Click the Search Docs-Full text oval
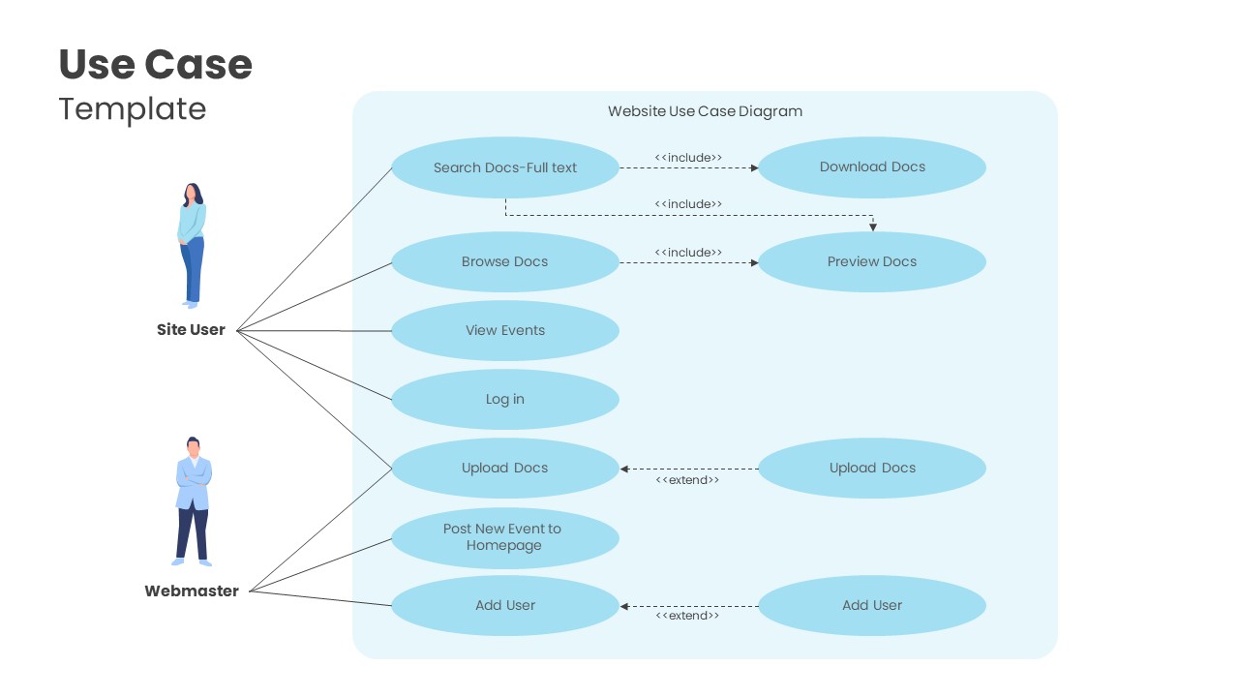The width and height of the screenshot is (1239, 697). pyautogui.click(x=504, y=167)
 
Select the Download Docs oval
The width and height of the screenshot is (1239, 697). pyautogui.click(x=871, y=167)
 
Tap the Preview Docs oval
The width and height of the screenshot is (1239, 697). pyautogui.click(x=871, y=261)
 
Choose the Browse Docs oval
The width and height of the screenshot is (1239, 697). pyautogui.click(x=504, y=261)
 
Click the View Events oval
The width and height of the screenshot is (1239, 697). pyautogui.click(x=504, y=330)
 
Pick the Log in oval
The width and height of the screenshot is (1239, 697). pyautogui.click(x=504, y=399)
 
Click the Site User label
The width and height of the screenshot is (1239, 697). pyautogui.click(x=191, y=330)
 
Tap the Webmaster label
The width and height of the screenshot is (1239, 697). pyautogui.click(x=192, y=591)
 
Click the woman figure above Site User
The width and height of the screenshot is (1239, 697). pyautogui.click(x=192, y=245)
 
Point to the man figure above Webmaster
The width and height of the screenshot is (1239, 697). pyautogui.click(x=193, y=500)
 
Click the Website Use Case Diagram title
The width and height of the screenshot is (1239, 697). pyautogui.click(x=705, y=111)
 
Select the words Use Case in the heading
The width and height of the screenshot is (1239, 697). pyautogui.click(x=156, y=65)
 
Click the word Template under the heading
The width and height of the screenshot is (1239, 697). pyautogui.click(x=133, y=108)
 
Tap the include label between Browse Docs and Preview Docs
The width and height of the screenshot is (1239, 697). pyautogui.click(x=688, y=253)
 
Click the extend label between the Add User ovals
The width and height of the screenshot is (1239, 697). pyautogui.click(x=687, y=616)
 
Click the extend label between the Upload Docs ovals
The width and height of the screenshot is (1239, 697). pyautogui.click(x=687, y=480)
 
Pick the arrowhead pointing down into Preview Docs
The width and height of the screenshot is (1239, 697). pyautogui.click(x=872, y=227)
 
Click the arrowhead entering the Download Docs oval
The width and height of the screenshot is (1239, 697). pyautogui.click(x=753, y=167)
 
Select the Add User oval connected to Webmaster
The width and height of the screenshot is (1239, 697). pyautogui.click(x=504, y=605)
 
